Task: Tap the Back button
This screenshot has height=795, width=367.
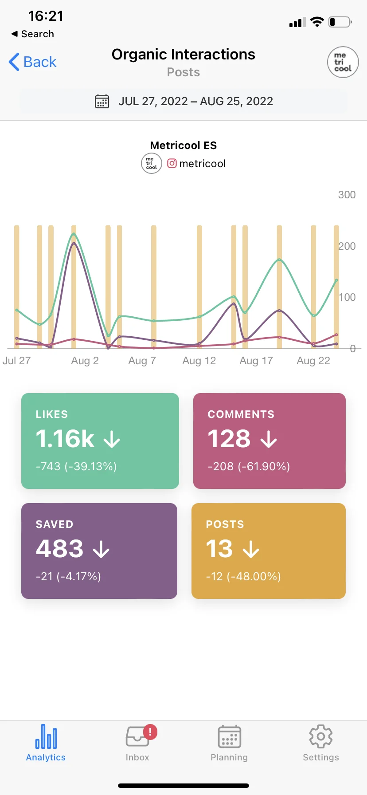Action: click(33, 62)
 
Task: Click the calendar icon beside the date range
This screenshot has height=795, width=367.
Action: click(102, 101)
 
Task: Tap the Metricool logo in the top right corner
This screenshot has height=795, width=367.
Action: click(343, 62)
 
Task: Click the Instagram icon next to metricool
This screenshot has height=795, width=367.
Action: click(172, 163)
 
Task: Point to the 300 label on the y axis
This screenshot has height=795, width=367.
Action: click(347, 195)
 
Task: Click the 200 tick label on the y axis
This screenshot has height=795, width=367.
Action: click(347, 246)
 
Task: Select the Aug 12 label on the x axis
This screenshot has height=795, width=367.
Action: click(199, 361)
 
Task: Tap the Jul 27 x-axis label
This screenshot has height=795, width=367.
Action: click(17, 361)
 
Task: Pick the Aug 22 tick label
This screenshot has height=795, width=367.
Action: click(313, 361)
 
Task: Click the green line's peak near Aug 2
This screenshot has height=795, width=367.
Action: click(74, 234)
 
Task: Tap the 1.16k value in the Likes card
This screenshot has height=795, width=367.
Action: click(65, 439)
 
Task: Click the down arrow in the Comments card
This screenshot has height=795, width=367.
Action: click(269, 440)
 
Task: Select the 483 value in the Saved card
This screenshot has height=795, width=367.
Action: click(60, 549)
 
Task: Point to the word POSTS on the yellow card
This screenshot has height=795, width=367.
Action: click(225, 524)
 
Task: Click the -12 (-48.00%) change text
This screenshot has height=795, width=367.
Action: click(243, 576)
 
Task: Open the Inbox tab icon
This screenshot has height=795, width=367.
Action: click(137, 737)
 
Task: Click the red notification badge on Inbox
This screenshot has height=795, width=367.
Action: click(150, 732)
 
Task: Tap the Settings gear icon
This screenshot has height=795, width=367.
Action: click(320, 736)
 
